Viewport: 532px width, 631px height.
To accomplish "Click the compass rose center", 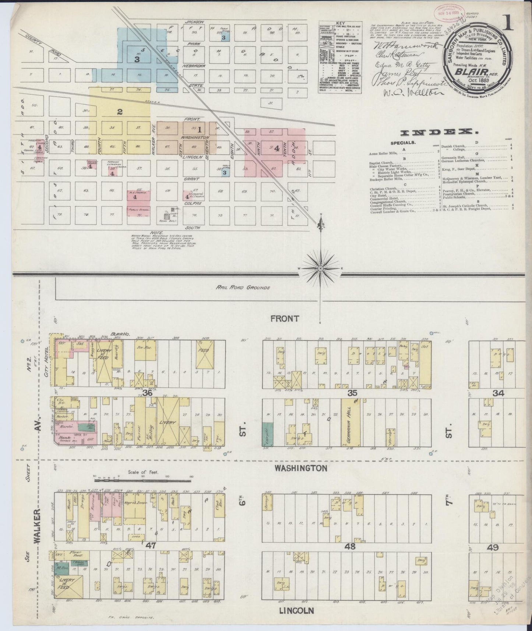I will tap(321, 269).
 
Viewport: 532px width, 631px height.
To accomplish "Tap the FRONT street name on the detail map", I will tap(285, 319).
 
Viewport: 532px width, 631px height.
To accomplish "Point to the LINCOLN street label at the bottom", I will tap(296, 610).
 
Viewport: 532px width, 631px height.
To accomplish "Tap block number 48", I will tap(350, 546).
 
